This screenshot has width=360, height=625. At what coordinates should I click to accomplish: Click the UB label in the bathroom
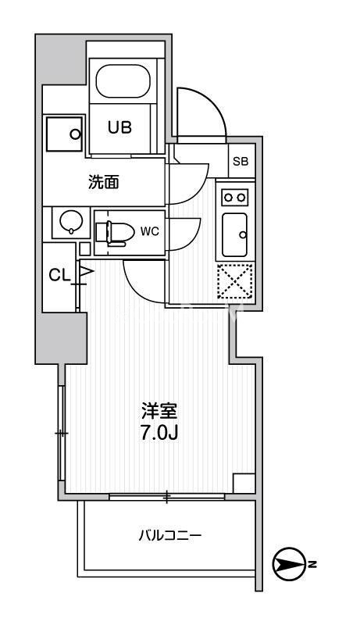pyautogui.click(x=119, y=127)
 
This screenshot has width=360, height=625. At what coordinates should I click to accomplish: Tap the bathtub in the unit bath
pyautogui.click(x=123, y=81)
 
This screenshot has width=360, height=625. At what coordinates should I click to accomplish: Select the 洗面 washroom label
pyautogui.click(x=104, y=182)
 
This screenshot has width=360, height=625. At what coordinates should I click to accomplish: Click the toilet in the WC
pyautogui.click(x=114, y=231)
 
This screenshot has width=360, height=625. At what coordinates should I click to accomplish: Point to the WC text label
pyautogui.click(x=150, y=231)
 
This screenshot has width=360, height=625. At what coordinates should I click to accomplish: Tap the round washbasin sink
pyautogui.click(x=71, y=222)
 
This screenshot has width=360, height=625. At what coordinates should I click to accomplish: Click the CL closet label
pyautogui.click(x=59, y=274)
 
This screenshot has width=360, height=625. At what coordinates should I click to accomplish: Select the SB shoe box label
pyautogui.click(x=241, y=162)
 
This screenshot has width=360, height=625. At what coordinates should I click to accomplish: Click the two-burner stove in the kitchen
pyautogui.click(x=234, y=197)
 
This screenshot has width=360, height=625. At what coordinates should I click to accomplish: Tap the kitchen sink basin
pyautogui.click(x=234, y=234)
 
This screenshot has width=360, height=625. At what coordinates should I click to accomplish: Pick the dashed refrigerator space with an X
pyautogui.click(x=234, y=280)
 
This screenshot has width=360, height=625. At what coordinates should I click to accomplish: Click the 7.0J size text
pyautogui.click(x=158, y=434)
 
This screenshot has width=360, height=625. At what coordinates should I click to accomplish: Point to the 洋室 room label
pyautogui.click(x=158, y=411)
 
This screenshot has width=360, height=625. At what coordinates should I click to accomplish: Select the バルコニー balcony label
pyautogui.click(x=170, y=535)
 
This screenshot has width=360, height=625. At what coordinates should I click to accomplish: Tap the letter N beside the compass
pyautogui.click(x=313, y=564)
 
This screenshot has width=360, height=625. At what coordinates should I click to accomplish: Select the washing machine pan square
pyautogui.click(x=65, y=134)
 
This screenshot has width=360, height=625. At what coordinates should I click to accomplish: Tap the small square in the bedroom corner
pyautogui.click(x=244, y=484)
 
